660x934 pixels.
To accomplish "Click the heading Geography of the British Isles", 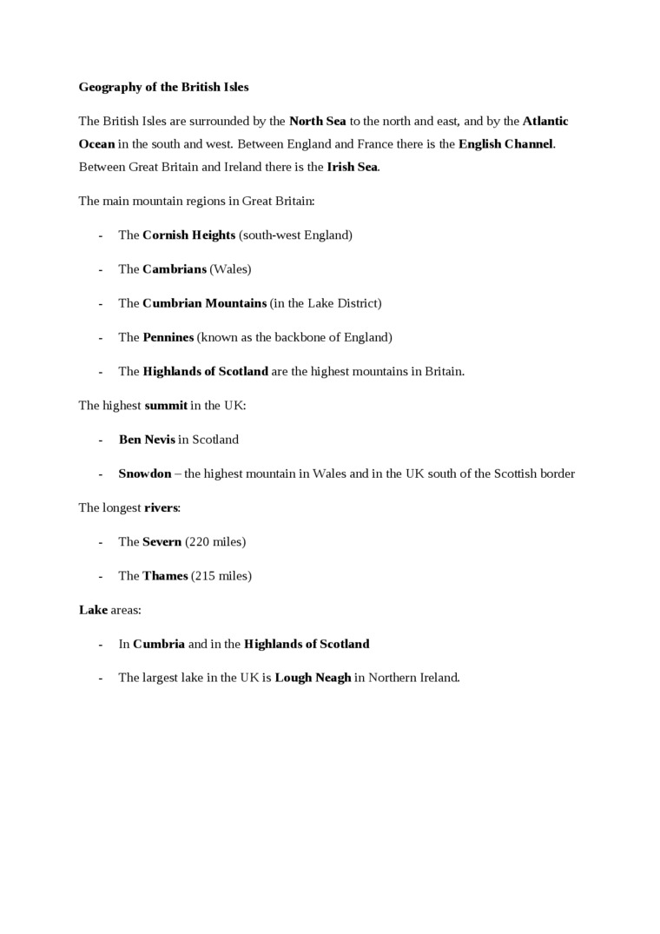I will coord(163,87).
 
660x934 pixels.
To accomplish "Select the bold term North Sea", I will coord(317,121).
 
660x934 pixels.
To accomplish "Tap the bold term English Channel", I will coord(505,144).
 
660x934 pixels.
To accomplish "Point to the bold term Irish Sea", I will coord(352,167).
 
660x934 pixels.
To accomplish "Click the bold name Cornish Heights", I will coord(188,235).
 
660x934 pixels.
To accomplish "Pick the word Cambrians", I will coord(175,268).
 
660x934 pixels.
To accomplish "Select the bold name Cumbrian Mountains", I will coord(204,303).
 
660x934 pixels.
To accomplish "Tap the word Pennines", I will coord(168,337).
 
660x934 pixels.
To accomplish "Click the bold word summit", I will coord(166,405).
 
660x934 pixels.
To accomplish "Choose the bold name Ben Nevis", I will coord(147,440).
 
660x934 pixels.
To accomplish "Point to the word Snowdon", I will coord(145,474).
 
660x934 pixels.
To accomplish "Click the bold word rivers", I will coord(161,507).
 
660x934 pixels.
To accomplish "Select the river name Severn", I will coord(162,541).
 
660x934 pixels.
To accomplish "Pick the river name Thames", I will coord(165,575).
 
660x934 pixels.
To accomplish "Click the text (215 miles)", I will coord(221,575).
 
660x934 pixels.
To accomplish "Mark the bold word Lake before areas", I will coord(93,610).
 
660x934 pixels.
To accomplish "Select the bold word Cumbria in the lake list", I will coord(159,644).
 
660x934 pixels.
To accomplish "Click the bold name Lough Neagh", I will coord(313,678).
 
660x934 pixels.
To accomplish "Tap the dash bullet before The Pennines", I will coord(101,337).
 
